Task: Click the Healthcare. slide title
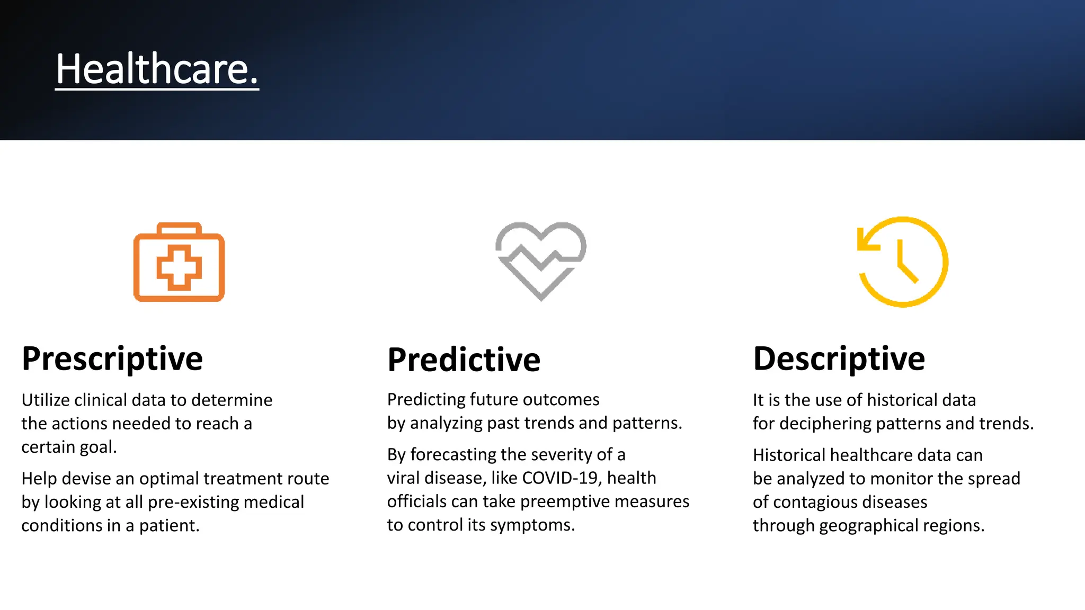coord(157,69)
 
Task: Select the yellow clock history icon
coord(902,262)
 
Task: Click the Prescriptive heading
coord(112,359)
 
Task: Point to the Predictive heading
coord(464,360)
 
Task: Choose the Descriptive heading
coord(839,359)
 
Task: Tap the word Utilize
coord(45,400)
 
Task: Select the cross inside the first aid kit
coord(179,267)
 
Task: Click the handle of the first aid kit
coord(179,228)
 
